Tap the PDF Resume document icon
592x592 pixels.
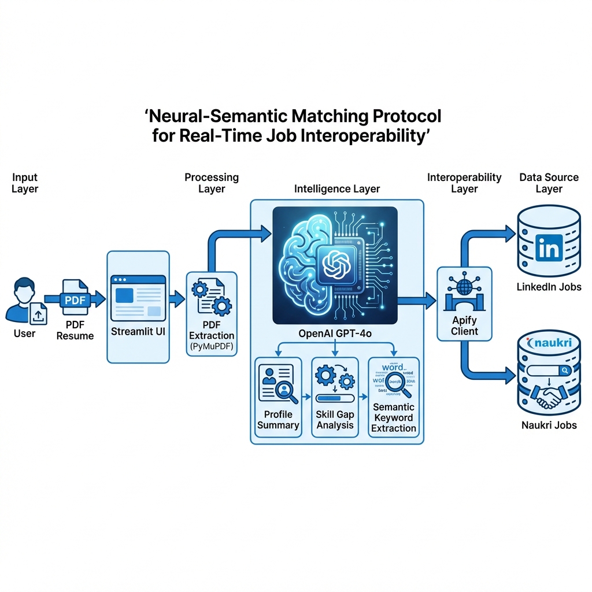75,299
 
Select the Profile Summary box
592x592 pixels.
278,396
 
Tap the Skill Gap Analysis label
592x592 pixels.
335,420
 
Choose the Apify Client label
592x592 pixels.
465,325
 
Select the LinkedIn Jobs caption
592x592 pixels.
549,287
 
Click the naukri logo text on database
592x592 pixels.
550,343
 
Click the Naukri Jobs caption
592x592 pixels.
549,425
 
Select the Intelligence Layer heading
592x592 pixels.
337,188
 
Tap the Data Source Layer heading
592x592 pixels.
549,183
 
